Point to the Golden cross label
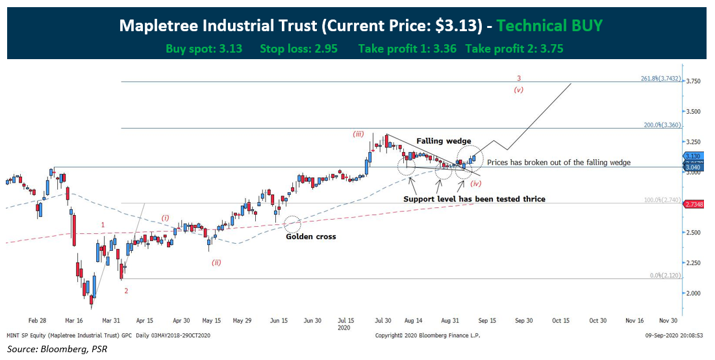pyautogui.click(x=311, y=237)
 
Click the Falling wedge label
pyautogui.click(x=444, y=141)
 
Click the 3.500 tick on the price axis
pyautogui.click(x=694, y=112)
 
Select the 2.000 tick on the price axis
pyautogui.click(x=694, y=293)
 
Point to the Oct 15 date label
pyautogui.click(x=561, y=320)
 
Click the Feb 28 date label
pyautogui.click(x=38, y=320)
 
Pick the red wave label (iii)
pyautogui.click(x=358, y=134)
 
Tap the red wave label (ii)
pyautogui.click(x=216, y=262)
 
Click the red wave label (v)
pyautogui.click(x=518, y=90)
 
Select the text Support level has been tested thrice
pyautogui.click(x=474, y=199)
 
